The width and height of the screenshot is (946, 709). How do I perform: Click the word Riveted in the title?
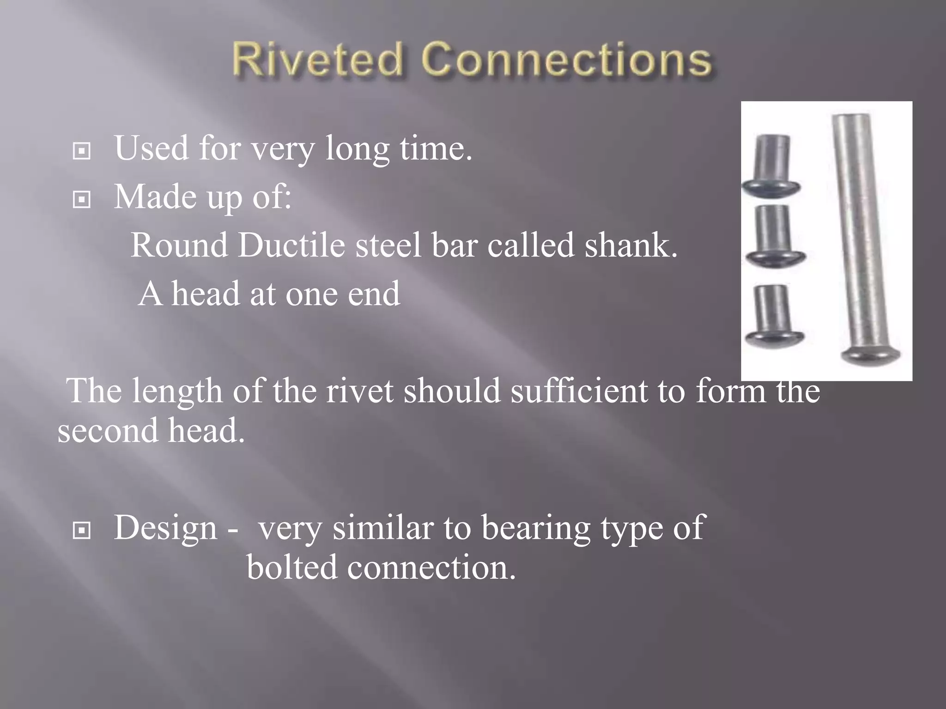pyautogui.click(x=317, y=60)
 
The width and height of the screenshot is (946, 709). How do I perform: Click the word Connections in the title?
pyautogui.click(x=567, y=60)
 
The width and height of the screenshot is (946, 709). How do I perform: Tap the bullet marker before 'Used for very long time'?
pyautogui.click(x=82, y=151)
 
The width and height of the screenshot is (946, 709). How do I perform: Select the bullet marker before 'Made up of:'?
pyautogui.click(x=82, y=199)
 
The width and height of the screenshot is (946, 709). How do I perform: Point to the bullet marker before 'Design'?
pyautogui.click(x=82, y=530)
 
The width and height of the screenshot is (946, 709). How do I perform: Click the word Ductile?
pyautogui.click(x=291, y=245)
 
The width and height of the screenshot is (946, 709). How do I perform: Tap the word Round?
pyautogui.click(x=179, y=245)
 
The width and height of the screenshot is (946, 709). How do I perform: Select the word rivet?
pyautogui.click(x=360, y=391)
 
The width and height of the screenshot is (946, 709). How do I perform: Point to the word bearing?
pyautogui.click(x=536, y=528)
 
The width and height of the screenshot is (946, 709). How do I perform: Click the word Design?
pyautogui.click(x=165, y=528)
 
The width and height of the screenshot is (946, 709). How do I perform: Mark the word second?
pyautogui.click(x=108, y=431)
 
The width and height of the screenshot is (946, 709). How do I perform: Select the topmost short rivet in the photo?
pyautogui.click(x=771, y=166)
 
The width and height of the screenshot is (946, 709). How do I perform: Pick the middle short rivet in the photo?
pyautogui.click(x=775, y=235)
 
